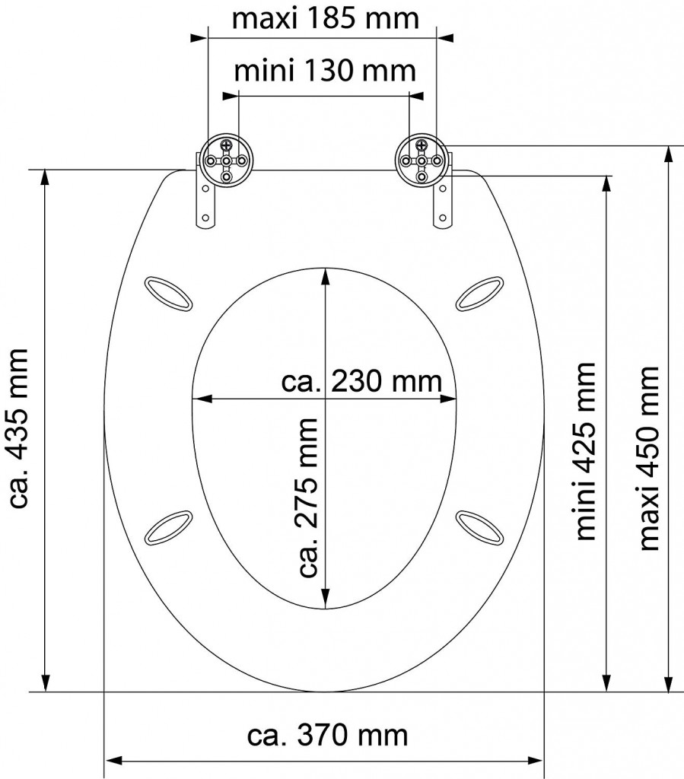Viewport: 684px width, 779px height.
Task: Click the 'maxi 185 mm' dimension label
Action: (x=326, y=19)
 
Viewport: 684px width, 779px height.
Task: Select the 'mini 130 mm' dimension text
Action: (x=325, y=71)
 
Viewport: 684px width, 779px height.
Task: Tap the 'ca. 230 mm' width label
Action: (x=361, y=382)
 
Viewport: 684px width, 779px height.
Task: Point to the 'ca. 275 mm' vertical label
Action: (x=307, y=498)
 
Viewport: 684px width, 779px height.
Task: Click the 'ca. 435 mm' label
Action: (x=20, y=428)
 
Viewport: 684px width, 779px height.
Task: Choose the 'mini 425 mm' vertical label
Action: (x=584, y=451)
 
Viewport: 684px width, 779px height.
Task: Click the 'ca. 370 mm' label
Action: (x=328, y=735)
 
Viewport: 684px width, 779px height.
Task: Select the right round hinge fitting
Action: (x=422, y=160)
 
